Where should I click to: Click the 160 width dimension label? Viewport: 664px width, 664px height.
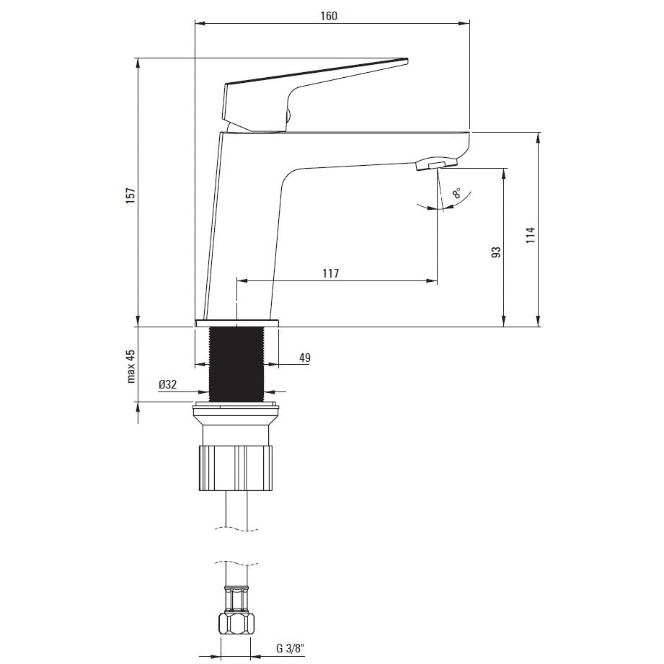(x=329, y=16)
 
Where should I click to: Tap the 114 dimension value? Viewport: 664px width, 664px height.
(x=531, y=235)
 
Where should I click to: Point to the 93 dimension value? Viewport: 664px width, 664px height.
(x=496, y=252)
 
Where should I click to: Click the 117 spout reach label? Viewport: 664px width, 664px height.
(x=331, y=273)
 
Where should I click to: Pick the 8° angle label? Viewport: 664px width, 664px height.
(x=457, y=194)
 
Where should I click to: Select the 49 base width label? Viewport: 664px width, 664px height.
(x=305, y=358)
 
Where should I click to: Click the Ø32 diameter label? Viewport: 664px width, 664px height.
(x=168, y=384)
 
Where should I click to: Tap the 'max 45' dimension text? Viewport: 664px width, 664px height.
(x=130, y=367)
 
